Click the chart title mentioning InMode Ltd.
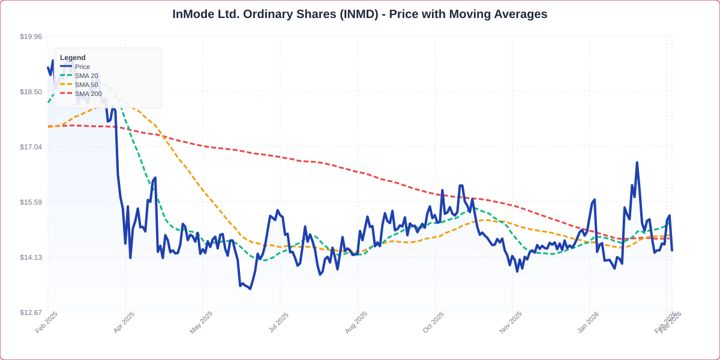pos(360,14)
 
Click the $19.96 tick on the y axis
pos(31,37)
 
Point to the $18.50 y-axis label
pos(31,92)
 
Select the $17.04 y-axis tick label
pos(31,147)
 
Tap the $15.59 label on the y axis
pos(31,202)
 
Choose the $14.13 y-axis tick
pos(31,257)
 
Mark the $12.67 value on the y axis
pos(31,313)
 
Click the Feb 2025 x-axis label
pos(47,322)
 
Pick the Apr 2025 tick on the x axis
pos(124,322)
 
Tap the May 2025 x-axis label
pos(202,322)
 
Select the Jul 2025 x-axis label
pos(278,322)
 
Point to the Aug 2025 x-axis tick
pos(356,322)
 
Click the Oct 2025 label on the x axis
pos(433,322)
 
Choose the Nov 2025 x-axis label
pos(511,322)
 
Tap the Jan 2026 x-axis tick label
pos(588,322)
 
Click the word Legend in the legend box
pos(73,58)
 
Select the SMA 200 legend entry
pos(88,94)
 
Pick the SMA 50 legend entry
pos(86,85)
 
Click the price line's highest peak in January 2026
pos(637,163)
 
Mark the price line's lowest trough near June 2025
pos(250,289)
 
